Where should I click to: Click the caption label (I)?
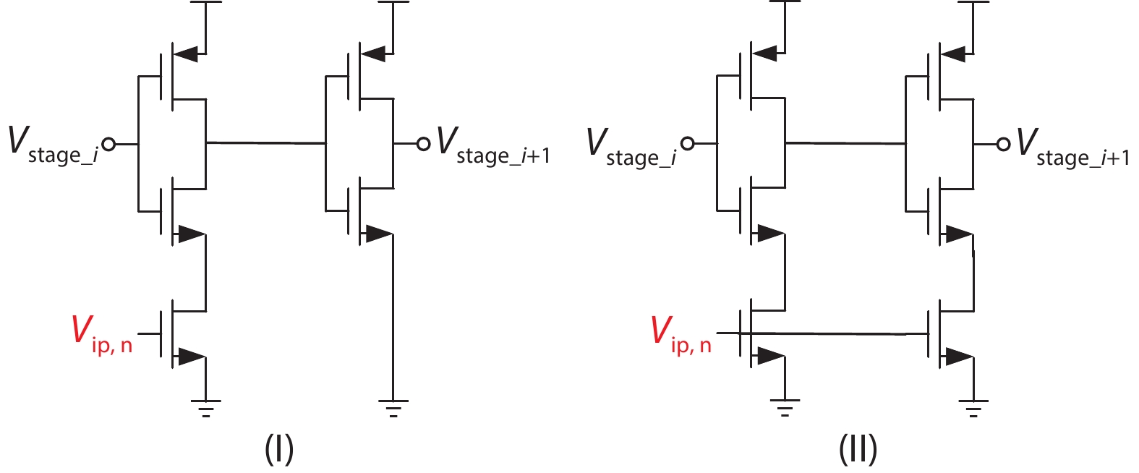(x=279, y=449)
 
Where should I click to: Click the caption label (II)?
(x=858, y=449)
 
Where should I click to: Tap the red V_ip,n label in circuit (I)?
(x=102, y=333)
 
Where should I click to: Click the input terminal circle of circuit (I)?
(x=108, y=144)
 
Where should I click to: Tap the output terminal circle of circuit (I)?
(x=424, y=144)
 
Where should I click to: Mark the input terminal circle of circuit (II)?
(x=688, y=144)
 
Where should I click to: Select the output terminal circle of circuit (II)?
(x=1003, y=144)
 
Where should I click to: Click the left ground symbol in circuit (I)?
(x=206, y=408)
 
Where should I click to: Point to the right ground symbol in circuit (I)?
(x=393, y=408)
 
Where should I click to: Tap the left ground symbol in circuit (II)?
(x=785, y=408)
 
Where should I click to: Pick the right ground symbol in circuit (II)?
(x=973, y=408)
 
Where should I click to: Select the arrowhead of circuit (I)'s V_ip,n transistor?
(x=191, y=357)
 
